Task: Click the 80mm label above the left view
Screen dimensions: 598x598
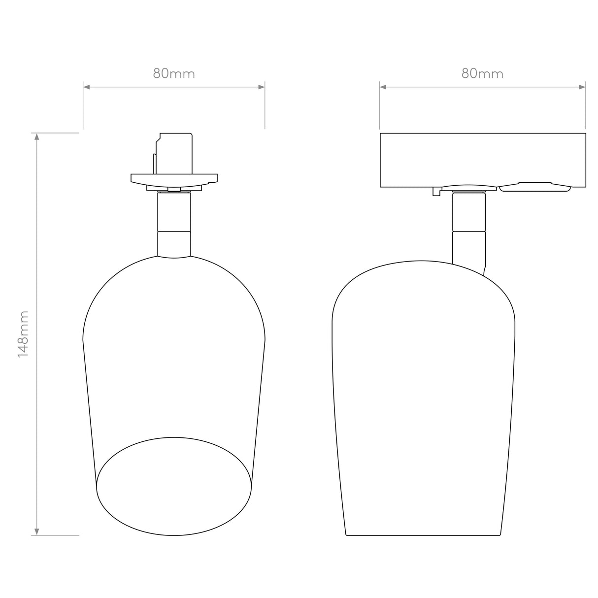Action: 174,73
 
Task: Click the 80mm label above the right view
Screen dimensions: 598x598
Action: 482,73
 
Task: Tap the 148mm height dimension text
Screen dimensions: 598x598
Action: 23,334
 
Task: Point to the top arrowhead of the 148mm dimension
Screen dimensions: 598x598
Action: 36,137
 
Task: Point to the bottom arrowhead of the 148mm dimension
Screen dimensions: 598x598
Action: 36,532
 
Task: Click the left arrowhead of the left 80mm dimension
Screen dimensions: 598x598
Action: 87,87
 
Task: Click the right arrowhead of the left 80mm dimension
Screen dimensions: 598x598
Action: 261,87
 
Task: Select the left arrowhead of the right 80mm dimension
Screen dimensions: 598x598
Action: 383,87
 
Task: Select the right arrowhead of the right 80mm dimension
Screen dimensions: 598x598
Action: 582,87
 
